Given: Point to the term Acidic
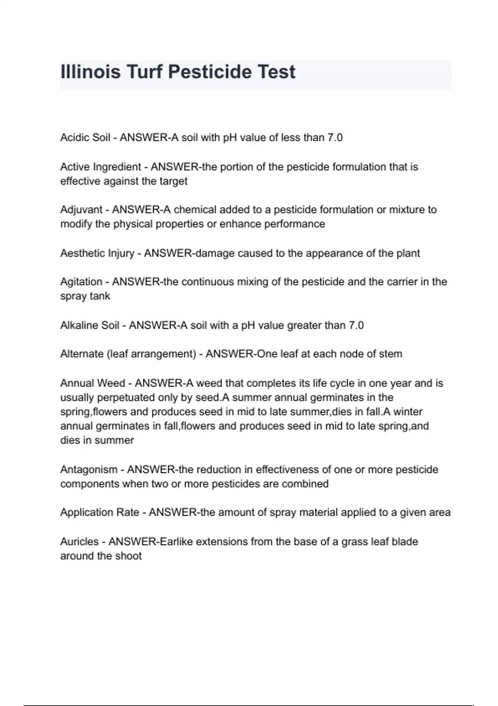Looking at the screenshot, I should click(72, 137).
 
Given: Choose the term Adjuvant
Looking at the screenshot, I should click(81, 210).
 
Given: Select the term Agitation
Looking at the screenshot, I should click(81, 282).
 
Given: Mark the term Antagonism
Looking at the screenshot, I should click(89, 470).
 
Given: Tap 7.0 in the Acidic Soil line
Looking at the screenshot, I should click(335, 137).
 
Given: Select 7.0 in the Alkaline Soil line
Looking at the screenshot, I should click(356, 325).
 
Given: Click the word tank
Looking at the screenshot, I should click(102, 296).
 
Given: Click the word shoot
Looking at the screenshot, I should click(128, 556).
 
